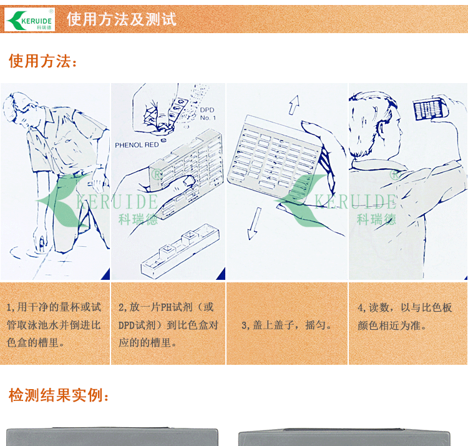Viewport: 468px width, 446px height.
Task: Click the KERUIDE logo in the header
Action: coord(29,19)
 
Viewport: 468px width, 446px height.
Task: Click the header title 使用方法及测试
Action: coord(122,19)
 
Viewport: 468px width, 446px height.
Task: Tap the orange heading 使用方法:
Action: coord(42,61)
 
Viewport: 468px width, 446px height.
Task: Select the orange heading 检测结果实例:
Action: coord(59,395)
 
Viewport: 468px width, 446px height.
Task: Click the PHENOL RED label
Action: coord(137,145)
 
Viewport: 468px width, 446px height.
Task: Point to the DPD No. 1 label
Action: coord(207,114)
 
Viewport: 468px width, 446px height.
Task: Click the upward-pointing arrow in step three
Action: coord(294,105)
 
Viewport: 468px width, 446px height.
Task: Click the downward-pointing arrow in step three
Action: coord(254,224)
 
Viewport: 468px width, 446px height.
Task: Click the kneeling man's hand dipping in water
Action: coord(41,239)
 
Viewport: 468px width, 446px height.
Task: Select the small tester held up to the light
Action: coord(430,109)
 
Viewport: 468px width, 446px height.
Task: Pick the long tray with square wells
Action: coord(180,250)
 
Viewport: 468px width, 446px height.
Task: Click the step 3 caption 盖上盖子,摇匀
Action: coord(286,325)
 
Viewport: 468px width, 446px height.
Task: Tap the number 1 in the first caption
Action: coord(9,307)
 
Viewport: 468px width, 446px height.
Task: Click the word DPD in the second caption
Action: coord(127,325)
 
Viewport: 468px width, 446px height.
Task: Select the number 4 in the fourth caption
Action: coord(360,307)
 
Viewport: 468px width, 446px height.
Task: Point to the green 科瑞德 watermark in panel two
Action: coord(138,220)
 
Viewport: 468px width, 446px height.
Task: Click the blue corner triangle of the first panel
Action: coord(107,275)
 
